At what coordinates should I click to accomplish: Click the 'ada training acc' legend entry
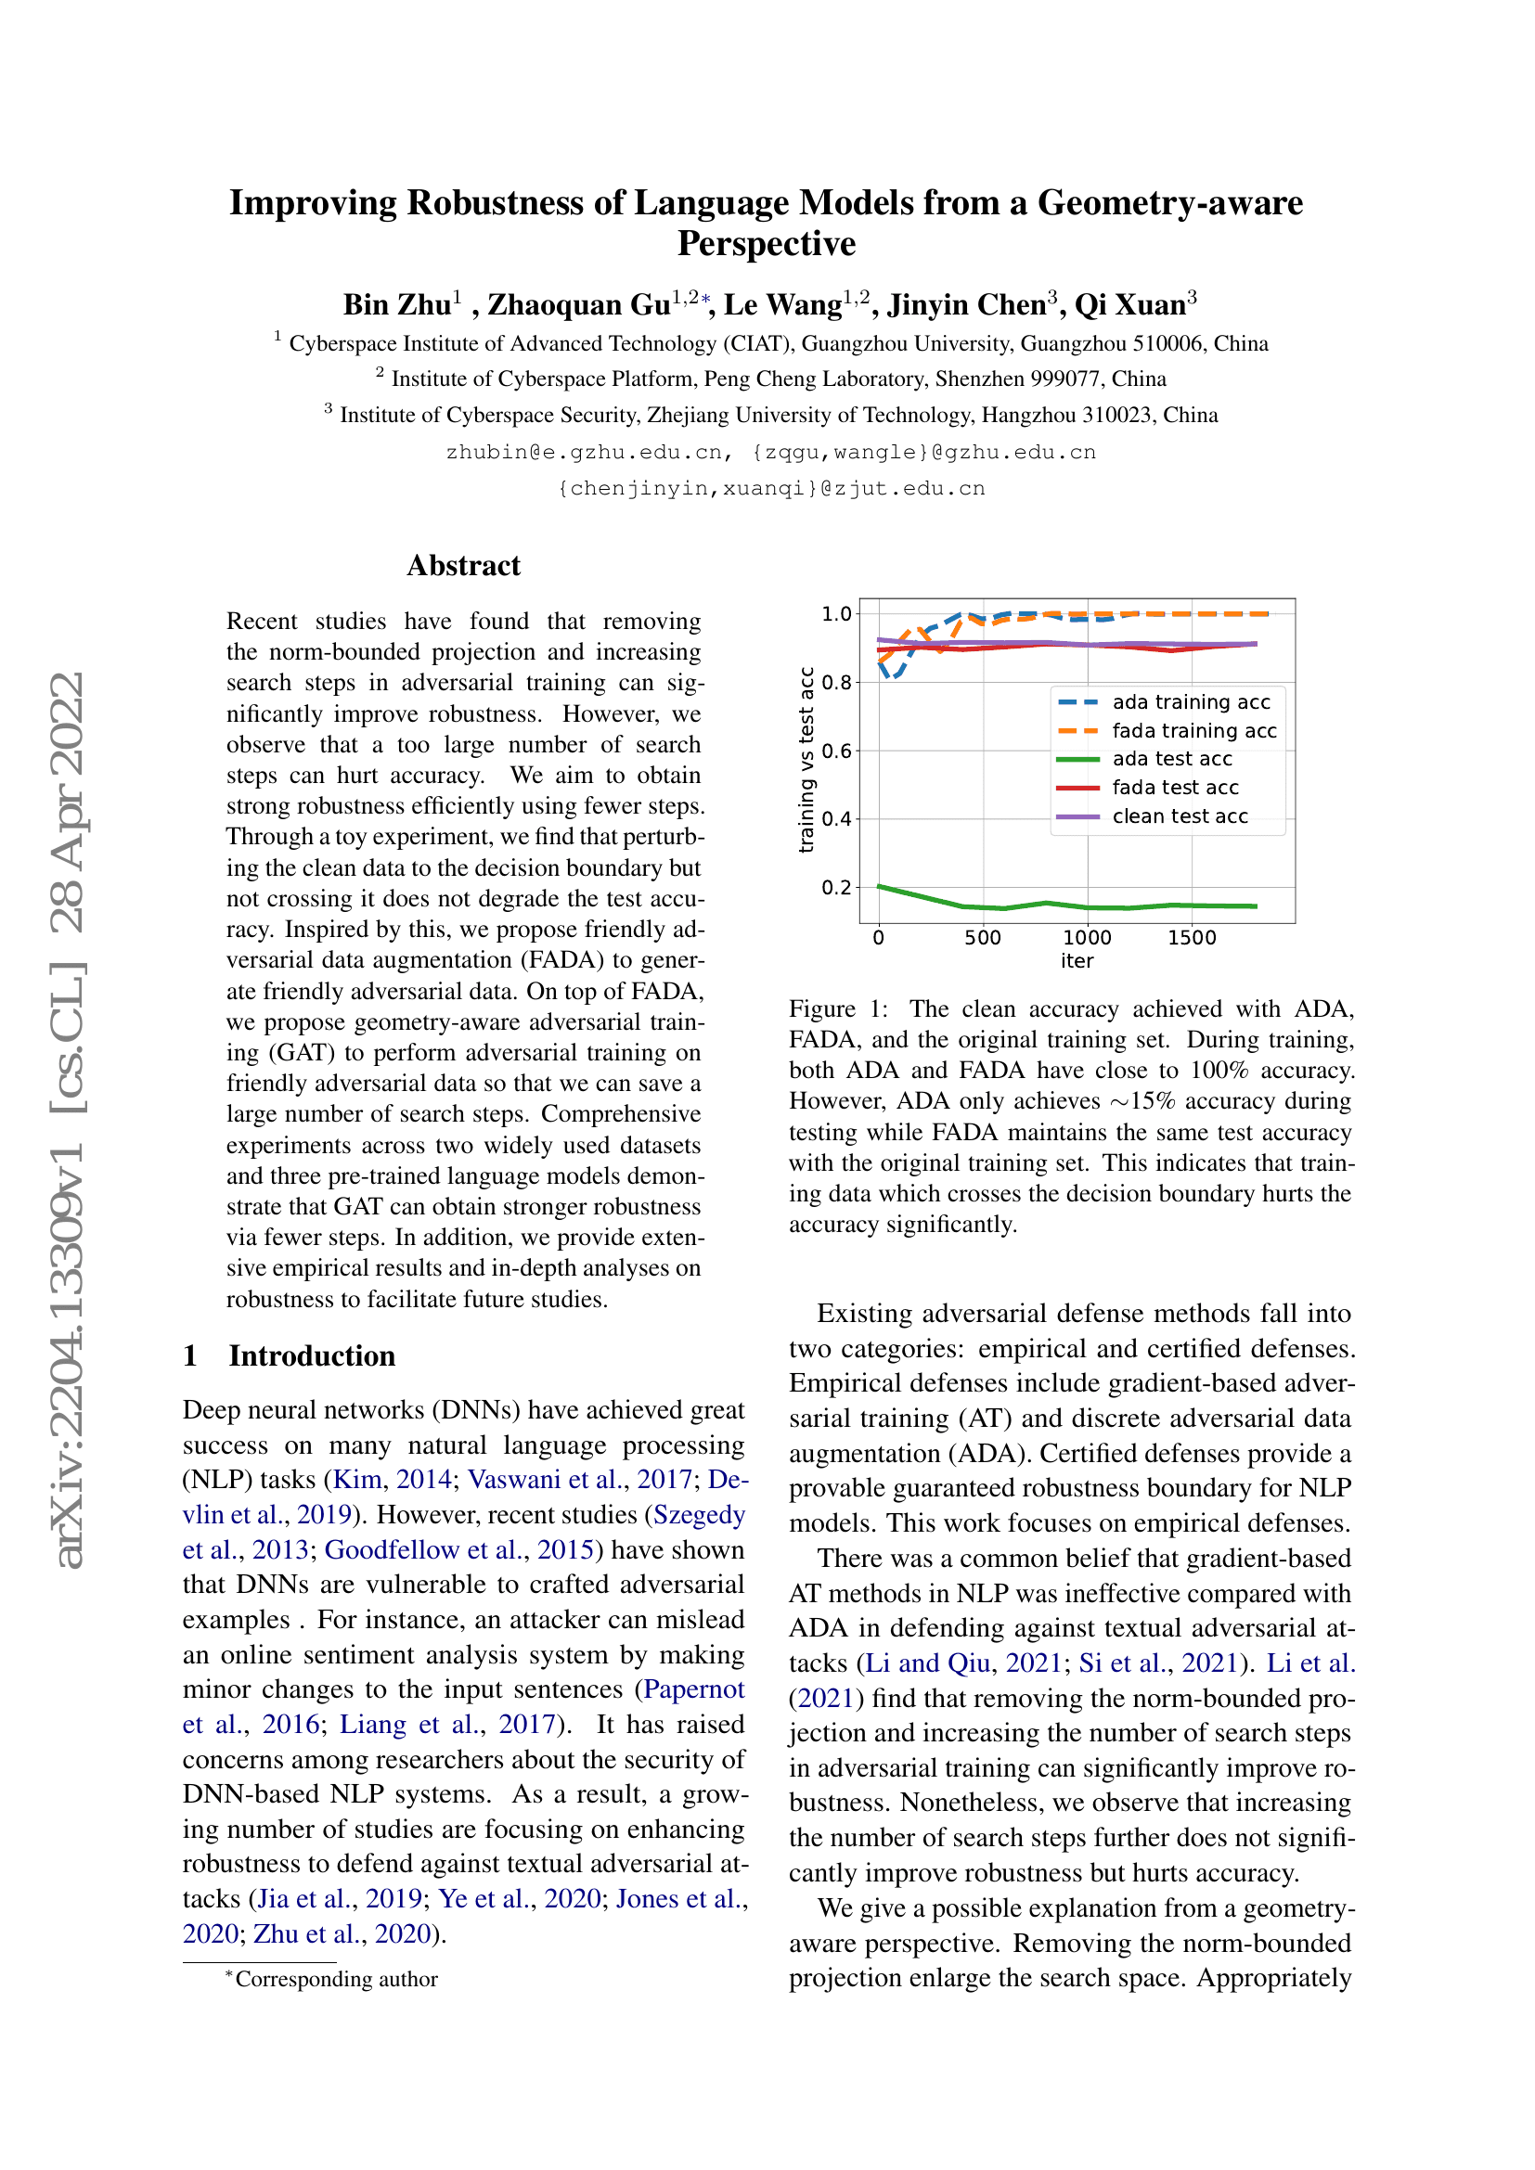(1190, 702)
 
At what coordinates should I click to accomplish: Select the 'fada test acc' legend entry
(1175, 788)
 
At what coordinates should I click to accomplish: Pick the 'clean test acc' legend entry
(1180, 816)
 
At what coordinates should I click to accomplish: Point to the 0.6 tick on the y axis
(836, 751)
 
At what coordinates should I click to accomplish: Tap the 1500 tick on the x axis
(1191, 939)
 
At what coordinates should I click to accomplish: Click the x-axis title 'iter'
(1077, 961)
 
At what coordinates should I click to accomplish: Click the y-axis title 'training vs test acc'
(806, 760)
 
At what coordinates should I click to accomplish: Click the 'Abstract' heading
(463, 566)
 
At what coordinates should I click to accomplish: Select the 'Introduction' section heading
(312, 1356)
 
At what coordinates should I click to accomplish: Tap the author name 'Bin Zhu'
(397, 305)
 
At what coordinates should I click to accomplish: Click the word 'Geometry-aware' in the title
(1170, 203)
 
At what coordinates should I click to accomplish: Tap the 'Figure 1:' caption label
(838, 1009)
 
